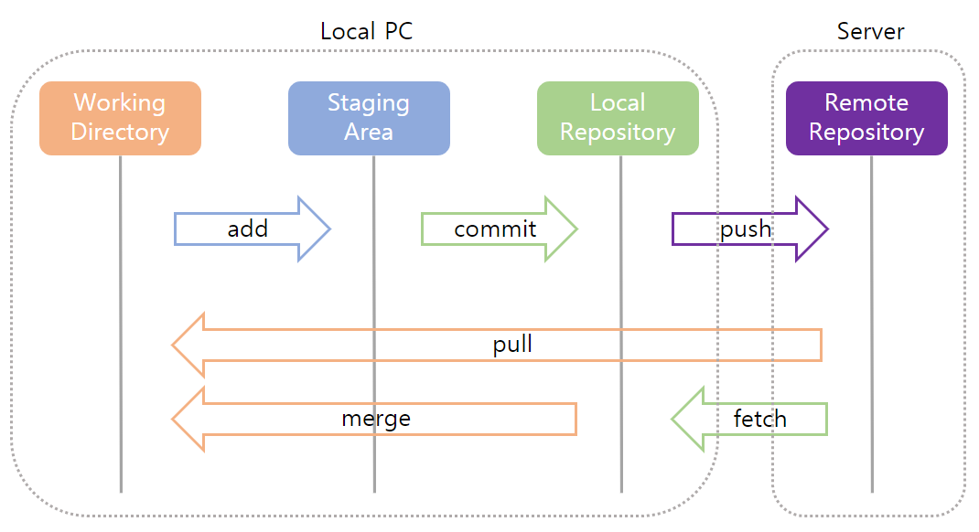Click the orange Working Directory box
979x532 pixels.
coord(120,118)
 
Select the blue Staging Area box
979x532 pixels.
coord(369,118)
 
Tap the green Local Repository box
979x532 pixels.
coord(618,118)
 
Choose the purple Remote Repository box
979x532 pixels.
coord(866,118)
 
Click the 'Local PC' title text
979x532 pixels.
coord(366,31)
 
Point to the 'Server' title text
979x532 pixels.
coord(870,31)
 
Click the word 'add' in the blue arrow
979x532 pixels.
coord(247,229)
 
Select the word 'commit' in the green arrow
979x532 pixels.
coord(495,229)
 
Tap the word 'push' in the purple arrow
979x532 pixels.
coord(746,229)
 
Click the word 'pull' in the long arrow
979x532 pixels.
coord(512,345)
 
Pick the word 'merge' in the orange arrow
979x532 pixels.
coord(376,419)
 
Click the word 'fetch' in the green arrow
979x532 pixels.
coord(759,419)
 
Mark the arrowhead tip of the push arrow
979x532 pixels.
coord(826,229)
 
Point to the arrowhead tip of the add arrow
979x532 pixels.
coord(328,229)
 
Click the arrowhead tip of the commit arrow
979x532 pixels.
coord(576,229)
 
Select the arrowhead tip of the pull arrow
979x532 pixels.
coord(174,345)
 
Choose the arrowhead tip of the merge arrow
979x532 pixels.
coord(174,419)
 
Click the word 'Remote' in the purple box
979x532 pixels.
coord(866,102)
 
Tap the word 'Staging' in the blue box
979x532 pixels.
coord(369,102)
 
